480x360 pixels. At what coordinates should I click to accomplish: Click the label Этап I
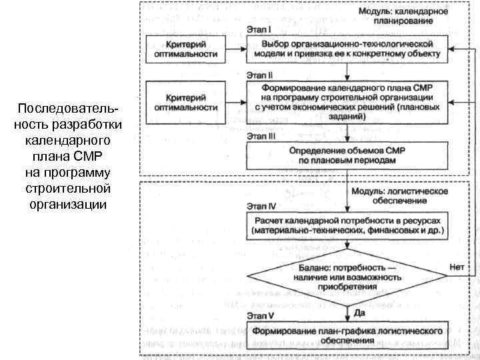coord(259,30)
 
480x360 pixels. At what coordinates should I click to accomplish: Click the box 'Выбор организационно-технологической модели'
coord(347,49)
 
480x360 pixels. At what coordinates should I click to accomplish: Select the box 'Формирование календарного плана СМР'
coord(347,102)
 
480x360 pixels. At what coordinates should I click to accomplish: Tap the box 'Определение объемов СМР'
coord(347,155)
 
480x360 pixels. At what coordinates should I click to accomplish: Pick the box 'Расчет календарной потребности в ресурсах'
coord(347,226)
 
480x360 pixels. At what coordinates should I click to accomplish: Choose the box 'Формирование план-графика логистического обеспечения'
coord(347,335)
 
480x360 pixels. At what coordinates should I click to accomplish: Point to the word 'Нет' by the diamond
coord(457,266)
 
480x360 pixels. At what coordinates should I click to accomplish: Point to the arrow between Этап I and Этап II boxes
coord(347,71)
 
